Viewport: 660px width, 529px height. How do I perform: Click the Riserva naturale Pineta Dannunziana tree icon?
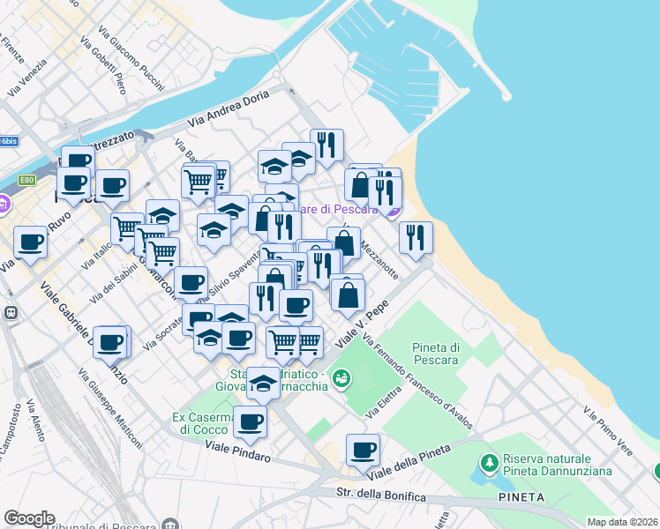[489, 462]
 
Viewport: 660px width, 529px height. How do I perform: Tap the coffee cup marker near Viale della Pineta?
[363, 451]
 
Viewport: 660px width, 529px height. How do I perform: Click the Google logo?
[29, 518]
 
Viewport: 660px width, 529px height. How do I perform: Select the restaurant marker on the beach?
[415, 237]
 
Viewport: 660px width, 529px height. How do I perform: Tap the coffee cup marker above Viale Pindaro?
[250, 422]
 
